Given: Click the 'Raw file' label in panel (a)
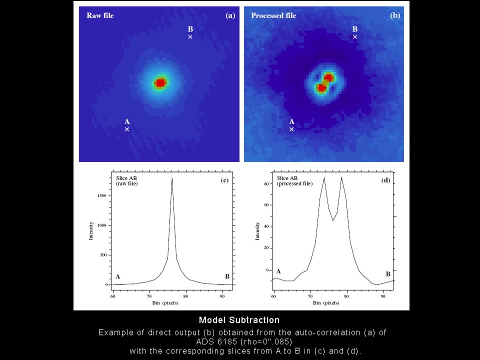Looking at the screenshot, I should click(100, 15).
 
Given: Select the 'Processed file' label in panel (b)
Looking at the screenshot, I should click(273, 15).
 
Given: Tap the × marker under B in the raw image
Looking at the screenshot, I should click(190, 37).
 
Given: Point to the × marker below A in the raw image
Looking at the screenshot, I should click(127, 129).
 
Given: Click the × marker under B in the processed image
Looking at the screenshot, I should click(355, 37).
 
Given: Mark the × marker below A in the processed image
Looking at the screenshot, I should click(292, 129).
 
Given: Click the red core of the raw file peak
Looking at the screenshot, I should click(160, 83).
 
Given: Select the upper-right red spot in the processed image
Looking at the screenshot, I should click(328, 77).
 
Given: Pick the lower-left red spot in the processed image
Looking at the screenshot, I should click(321, 88).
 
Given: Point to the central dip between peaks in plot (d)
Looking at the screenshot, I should click(333, 220).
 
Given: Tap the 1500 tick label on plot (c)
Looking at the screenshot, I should click(101, 196).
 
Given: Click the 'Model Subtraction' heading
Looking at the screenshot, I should click(239, 320).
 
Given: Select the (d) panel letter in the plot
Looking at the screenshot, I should click(385, 179).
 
